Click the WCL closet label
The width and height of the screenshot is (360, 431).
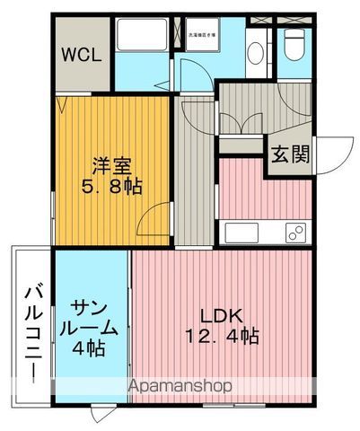click(x=82, y=53)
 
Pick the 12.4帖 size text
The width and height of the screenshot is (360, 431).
click(x=223, y=338)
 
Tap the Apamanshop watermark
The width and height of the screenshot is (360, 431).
click(x=180, y=385)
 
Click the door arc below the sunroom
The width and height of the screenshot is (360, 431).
click(x=99, y=416)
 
